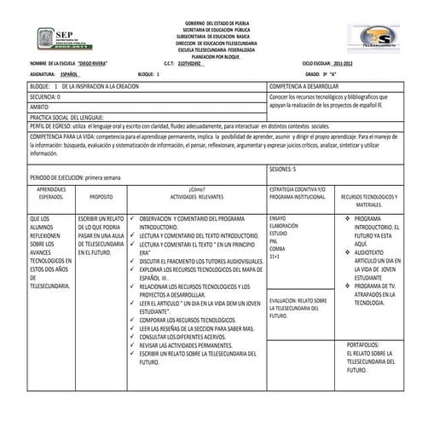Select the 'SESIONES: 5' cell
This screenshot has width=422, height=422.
(281, 170)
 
